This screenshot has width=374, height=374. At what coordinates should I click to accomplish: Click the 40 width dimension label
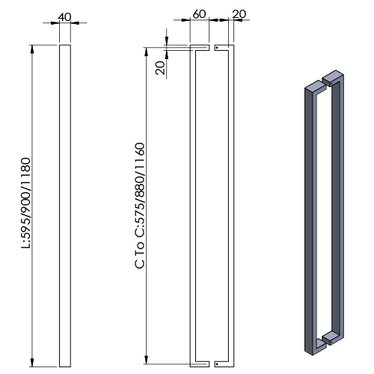64,17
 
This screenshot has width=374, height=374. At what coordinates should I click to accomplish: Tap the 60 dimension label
199,14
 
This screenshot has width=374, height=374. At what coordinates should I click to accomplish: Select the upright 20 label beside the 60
239,14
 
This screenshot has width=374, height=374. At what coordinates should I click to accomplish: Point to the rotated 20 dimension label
160,68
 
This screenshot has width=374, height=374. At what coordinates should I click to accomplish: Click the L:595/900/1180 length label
26,203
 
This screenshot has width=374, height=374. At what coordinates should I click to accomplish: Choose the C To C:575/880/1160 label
140,206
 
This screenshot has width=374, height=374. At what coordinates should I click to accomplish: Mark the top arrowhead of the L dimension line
32,49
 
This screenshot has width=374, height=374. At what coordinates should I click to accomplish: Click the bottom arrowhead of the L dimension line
32,363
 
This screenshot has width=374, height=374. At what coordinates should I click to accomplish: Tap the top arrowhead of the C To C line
146,52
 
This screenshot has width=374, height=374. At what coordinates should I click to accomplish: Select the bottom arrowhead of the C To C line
146,360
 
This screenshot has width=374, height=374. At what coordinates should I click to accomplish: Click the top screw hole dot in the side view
217,47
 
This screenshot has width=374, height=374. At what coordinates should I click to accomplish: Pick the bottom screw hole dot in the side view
217,364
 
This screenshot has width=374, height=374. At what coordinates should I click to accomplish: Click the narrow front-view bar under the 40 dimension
65,206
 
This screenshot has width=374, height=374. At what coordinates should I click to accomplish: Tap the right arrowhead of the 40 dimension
75,23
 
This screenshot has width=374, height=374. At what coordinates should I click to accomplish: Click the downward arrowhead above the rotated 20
167,41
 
